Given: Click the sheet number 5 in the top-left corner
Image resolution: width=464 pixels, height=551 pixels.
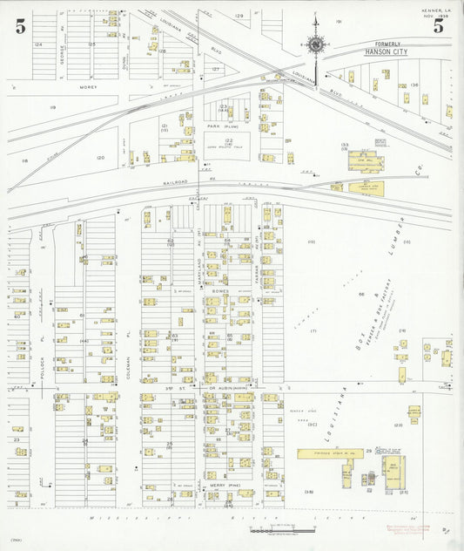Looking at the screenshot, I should pos(20,26).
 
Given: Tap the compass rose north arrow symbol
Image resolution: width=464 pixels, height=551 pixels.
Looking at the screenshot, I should pos(315,44).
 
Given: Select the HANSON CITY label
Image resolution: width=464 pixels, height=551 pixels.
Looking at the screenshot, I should pos(383,53).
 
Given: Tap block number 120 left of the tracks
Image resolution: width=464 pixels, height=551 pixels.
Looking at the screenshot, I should pos(101,158).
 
